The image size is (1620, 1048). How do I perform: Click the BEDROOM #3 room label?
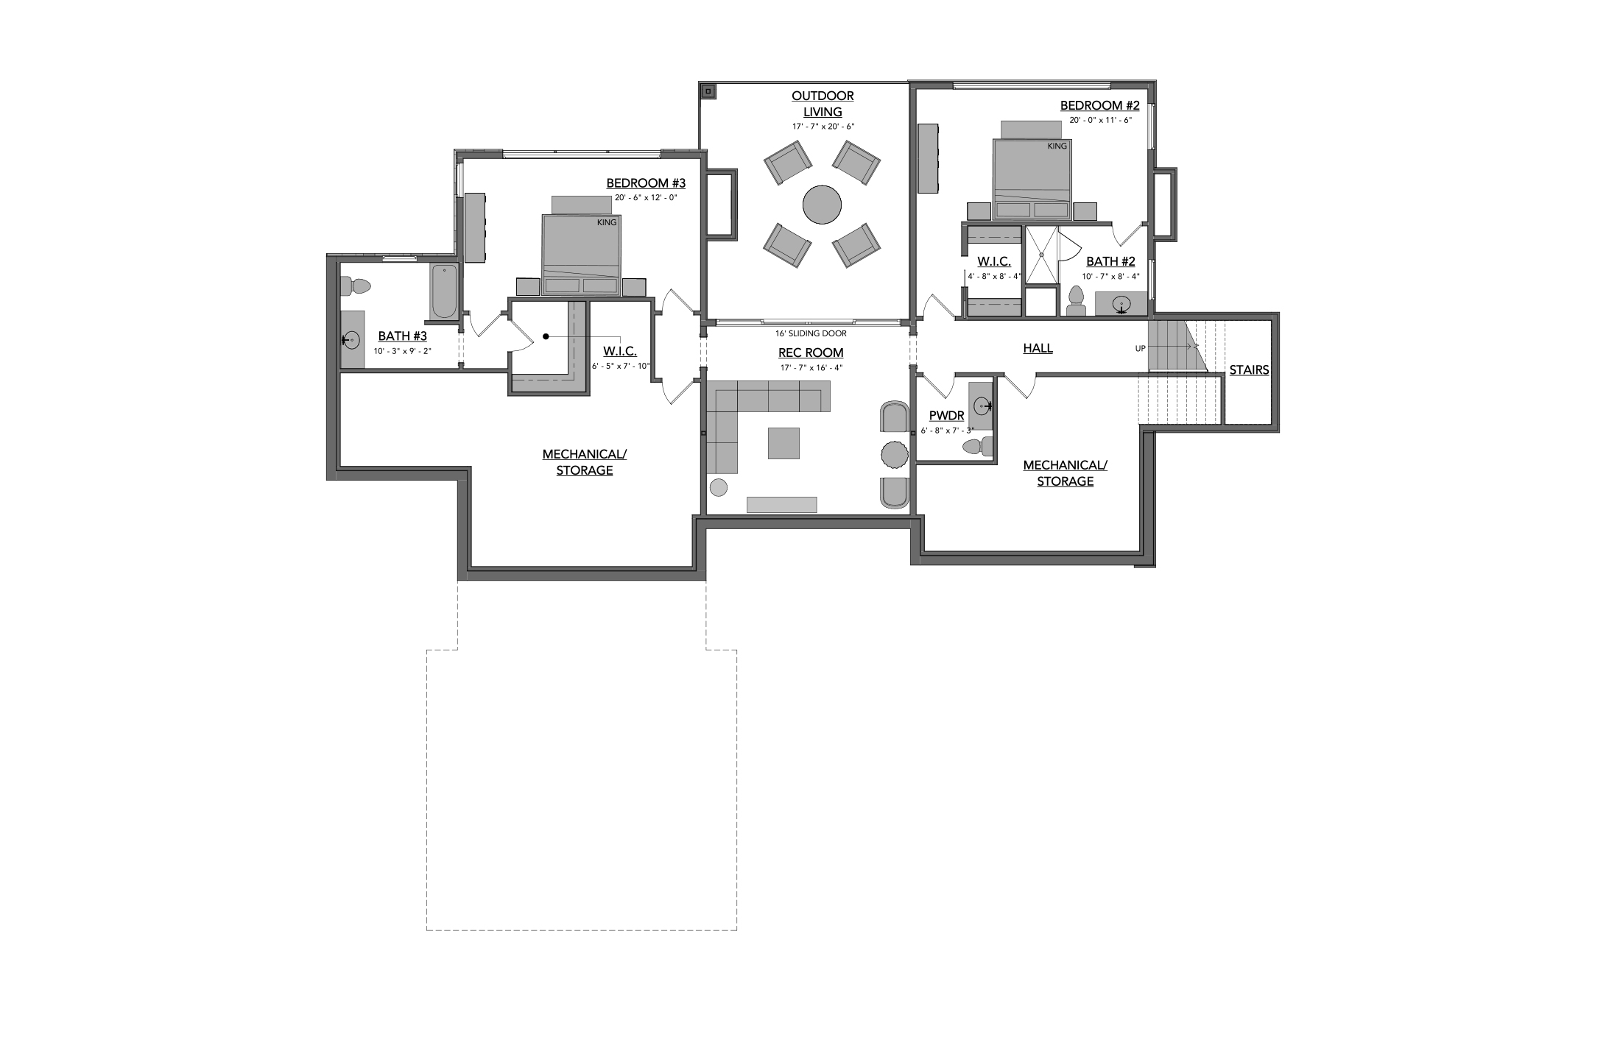(646, 183)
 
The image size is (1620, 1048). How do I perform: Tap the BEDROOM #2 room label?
(1099, 106)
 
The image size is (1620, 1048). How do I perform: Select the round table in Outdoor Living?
(822, 205)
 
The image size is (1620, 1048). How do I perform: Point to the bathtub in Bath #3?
(444, 292)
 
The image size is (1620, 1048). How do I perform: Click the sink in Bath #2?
(1121, 304)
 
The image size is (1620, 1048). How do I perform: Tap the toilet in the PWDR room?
(978, 446)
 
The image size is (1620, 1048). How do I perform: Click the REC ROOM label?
(811, 353)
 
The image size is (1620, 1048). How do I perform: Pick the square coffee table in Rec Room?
(784, 444)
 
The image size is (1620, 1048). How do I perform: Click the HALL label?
(1038, 348)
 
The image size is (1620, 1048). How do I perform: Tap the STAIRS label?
(1249, 370)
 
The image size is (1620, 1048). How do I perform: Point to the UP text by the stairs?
(1141, 349)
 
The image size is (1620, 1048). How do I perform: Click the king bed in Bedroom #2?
(1031, 179)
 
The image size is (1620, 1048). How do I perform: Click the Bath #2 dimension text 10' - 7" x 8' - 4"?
(1110, 277)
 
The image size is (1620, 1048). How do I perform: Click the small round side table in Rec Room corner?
(718, 486)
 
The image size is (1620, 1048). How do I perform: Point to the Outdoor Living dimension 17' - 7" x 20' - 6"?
(823, 127)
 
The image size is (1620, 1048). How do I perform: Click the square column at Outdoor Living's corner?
(708, 92)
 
